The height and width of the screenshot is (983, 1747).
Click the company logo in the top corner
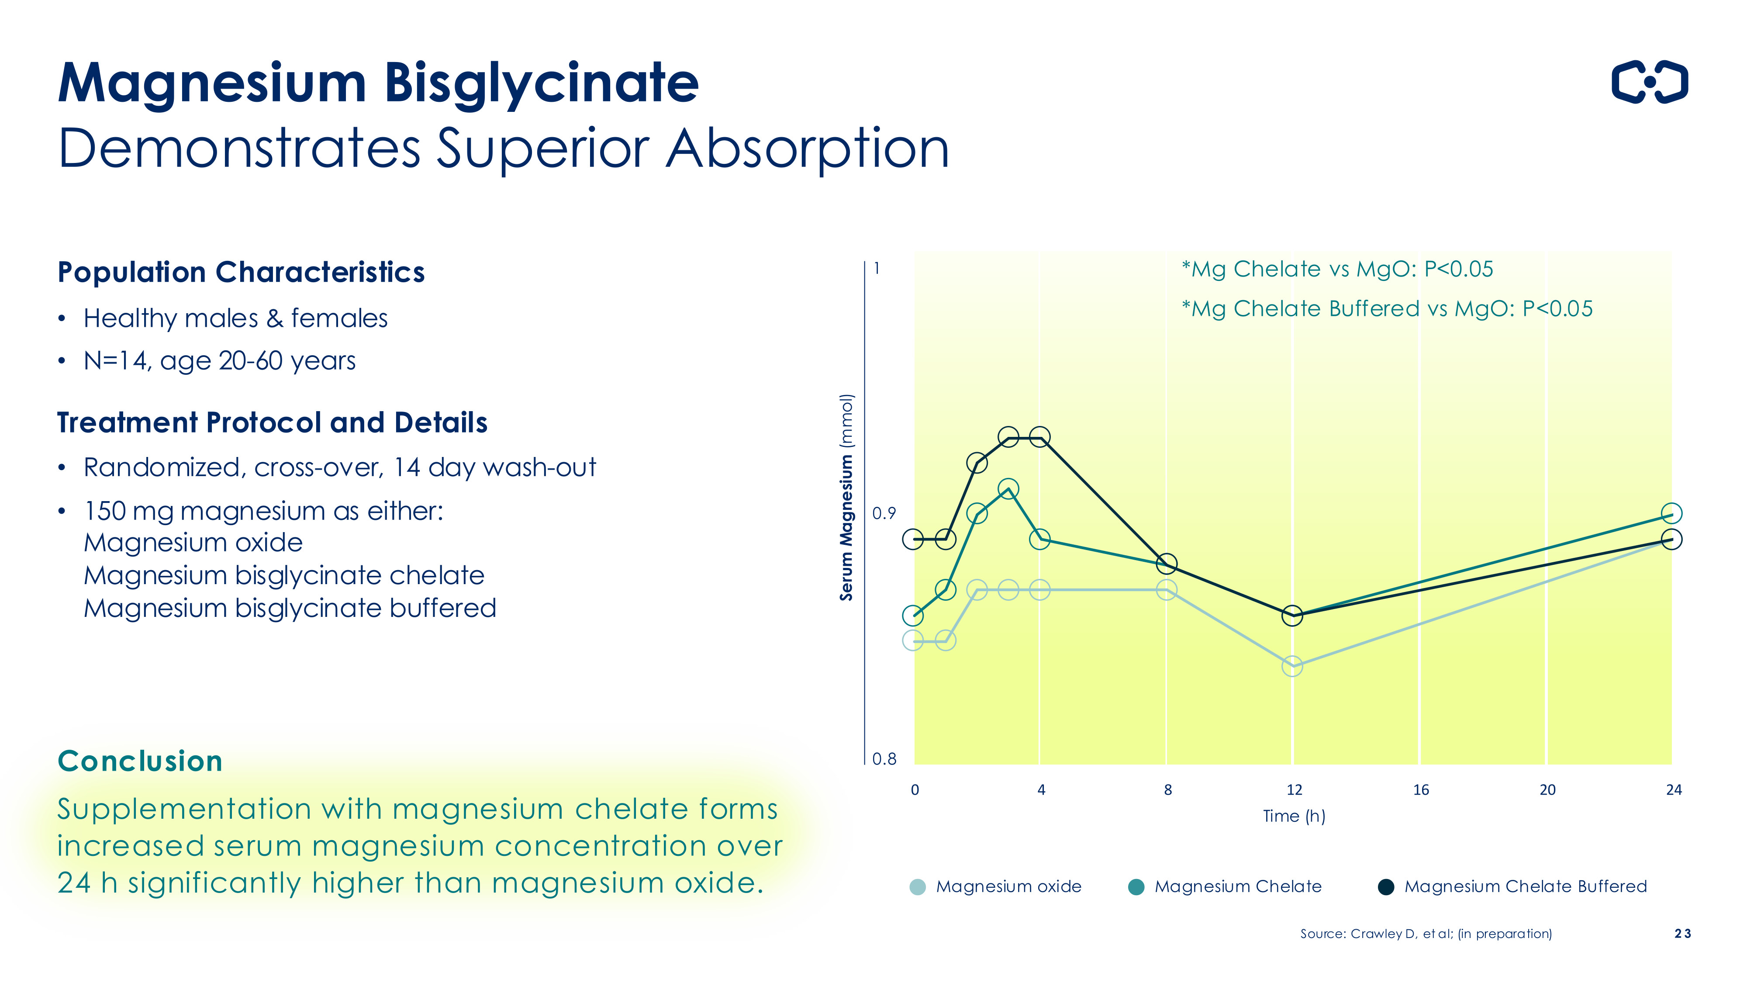[1649, 82]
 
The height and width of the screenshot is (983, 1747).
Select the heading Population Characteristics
[241, 272]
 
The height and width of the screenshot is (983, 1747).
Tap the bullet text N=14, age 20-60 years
[219, 360]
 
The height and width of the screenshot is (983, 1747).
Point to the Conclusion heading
[140, 761]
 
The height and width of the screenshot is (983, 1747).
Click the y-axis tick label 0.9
[884, 513]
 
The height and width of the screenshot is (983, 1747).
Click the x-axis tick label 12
[1294, 789]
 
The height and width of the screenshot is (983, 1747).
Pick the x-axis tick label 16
[1421, 789]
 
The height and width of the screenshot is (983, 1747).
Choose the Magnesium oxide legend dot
[917, 887]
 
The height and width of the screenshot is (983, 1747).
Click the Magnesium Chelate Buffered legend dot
[1386, 887]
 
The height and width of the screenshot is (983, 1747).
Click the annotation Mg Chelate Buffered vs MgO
[1386, 309]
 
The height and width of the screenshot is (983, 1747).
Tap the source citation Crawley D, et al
[1426, 934]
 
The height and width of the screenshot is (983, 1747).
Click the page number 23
[1682, 934]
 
